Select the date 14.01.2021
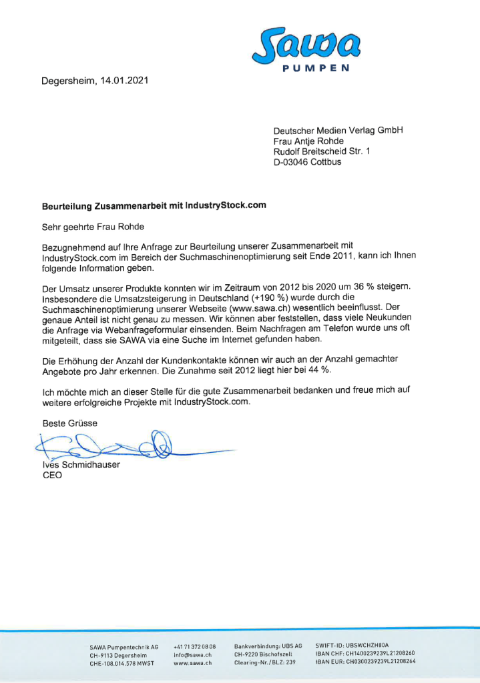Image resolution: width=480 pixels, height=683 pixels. [x=124, y=81]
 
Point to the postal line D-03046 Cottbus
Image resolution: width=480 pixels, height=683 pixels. [x=307, y=162]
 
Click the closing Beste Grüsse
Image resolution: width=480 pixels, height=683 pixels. [x=70, y=424]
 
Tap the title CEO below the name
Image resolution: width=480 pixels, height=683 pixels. [x=52, y=476]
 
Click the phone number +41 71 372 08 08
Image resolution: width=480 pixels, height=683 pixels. [x=194, y=647]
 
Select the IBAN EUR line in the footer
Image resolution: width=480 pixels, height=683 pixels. [x=365, y=662]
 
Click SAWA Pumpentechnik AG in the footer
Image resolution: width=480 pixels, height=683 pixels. [x=124, y=648]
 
